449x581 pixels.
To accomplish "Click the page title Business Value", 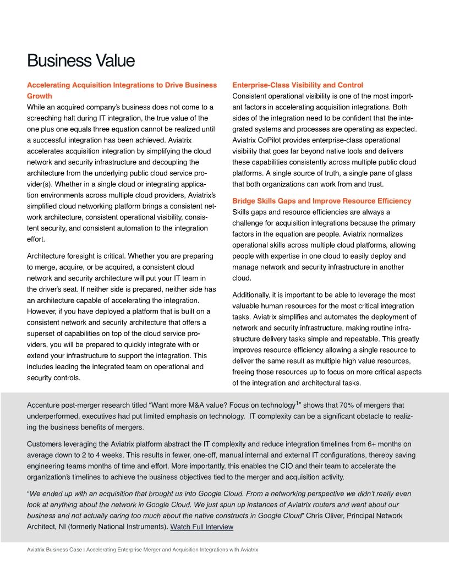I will coord(81,61).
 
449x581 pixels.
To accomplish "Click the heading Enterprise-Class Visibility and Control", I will coord(297,85).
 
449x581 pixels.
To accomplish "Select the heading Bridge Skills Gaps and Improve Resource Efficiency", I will coord(321,201).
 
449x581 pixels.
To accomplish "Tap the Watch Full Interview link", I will coord(201,527).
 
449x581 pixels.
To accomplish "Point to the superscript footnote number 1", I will coord(298,403).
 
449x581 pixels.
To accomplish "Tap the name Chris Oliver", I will coord(322,516).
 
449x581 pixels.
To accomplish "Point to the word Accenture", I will coord(45,405).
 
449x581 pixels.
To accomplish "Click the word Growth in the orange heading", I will coord(40,96).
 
